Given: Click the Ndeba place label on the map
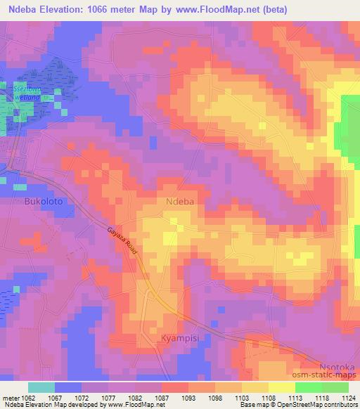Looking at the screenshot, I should [x=179, y=201].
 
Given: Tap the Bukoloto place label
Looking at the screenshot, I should [x=44, y=201].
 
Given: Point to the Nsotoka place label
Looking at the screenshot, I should [x=333, y=365].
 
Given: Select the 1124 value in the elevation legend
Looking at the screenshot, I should [x=349, y=398].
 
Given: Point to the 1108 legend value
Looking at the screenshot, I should [x=269, y=398].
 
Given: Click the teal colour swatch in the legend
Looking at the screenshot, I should [x=41, y=387].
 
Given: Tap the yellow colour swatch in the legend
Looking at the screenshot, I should [x=281, y=387].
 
